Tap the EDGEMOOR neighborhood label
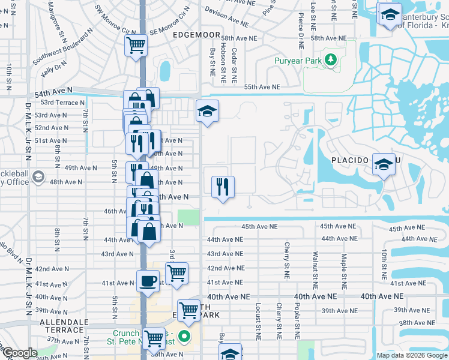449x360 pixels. pyautogui.click(x=193, y=35)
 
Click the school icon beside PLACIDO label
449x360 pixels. pyautogui.click(x=383, y=164)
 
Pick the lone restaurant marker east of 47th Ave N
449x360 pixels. pyautogui.click(x=223, y=186)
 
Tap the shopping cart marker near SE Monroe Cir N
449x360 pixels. pyautogui.click(x=136, y=44)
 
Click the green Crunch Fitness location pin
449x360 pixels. pyautogui.click(x=185, y=337)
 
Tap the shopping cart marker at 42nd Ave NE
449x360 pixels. pyautogui.click(x=176, y=273)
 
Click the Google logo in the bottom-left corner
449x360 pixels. pyautogui.click(x=20, y=353)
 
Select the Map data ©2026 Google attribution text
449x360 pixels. pyautogui.click(x=412, y=355)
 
